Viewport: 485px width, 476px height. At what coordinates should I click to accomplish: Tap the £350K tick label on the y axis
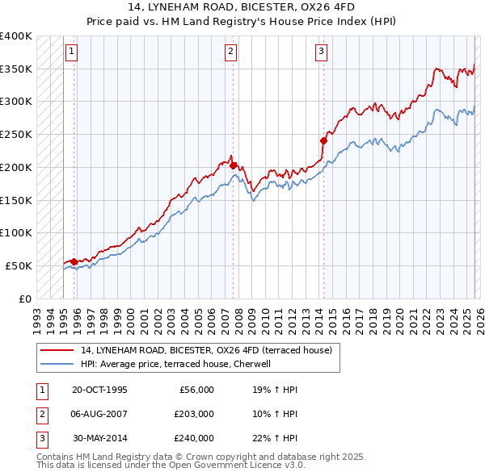[16, 69]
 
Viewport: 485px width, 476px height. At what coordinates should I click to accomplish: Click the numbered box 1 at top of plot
[71, 52]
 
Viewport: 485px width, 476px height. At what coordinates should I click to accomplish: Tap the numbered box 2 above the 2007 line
[230, 52]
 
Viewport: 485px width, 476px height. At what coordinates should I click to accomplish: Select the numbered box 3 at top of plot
[321, 52]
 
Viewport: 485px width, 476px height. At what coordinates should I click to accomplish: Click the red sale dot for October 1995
[74, 261]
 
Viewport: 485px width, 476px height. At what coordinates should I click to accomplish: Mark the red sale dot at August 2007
[233, 165]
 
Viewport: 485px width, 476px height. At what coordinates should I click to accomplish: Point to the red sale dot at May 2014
[323, 140]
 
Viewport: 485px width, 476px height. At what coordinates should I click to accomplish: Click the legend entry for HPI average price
[179, 364]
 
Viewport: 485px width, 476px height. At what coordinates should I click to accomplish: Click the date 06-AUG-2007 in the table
[99, 414]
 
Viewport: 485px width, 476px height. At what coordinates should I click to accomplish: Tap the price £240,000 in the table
[194, 438]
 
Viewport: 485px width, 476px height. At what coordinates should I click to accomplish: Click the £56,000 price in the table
[196, 390]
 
